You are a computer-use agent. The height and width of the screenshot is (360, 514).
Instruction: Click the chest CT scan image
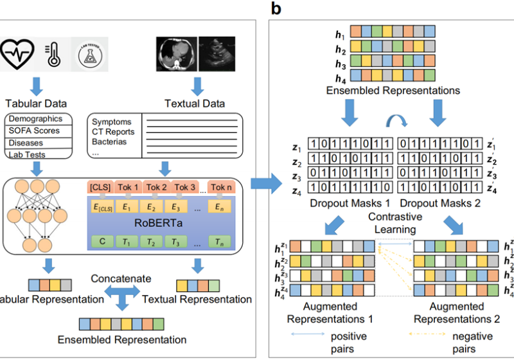pyautogui.click(x=177, y=51)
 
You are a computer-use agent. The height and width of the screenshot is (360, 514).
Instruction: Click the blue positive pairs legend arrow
pyautogui.click(x=306, y=336)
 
